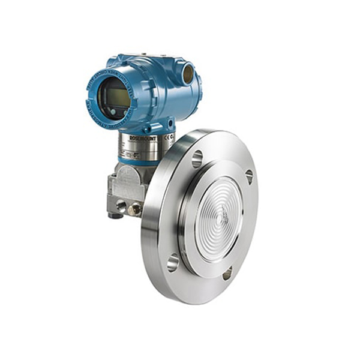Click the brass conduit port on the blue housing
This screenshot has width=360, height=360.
pyautogui.click(x=188, y=75)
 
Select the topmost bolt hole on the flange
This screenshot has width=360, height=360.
pyautogui.click(x=197, y=159)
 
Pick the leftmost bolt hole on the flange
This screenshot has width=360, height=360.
pyautogui.click(x=173, y=262)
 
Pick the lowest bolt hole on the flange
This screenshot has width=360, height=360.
pyautogui.click(x=227, y=274)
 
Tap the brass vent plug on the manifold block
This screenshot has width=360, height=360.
pyautogui.click(x=136, y=209)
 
